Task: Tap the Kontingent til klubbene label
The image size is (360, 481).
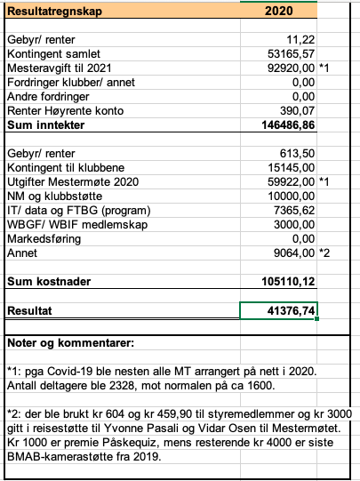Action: (x=67, y=167)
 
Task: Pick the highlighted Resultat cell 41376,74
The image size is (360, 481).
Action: (x=279, y=310)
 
